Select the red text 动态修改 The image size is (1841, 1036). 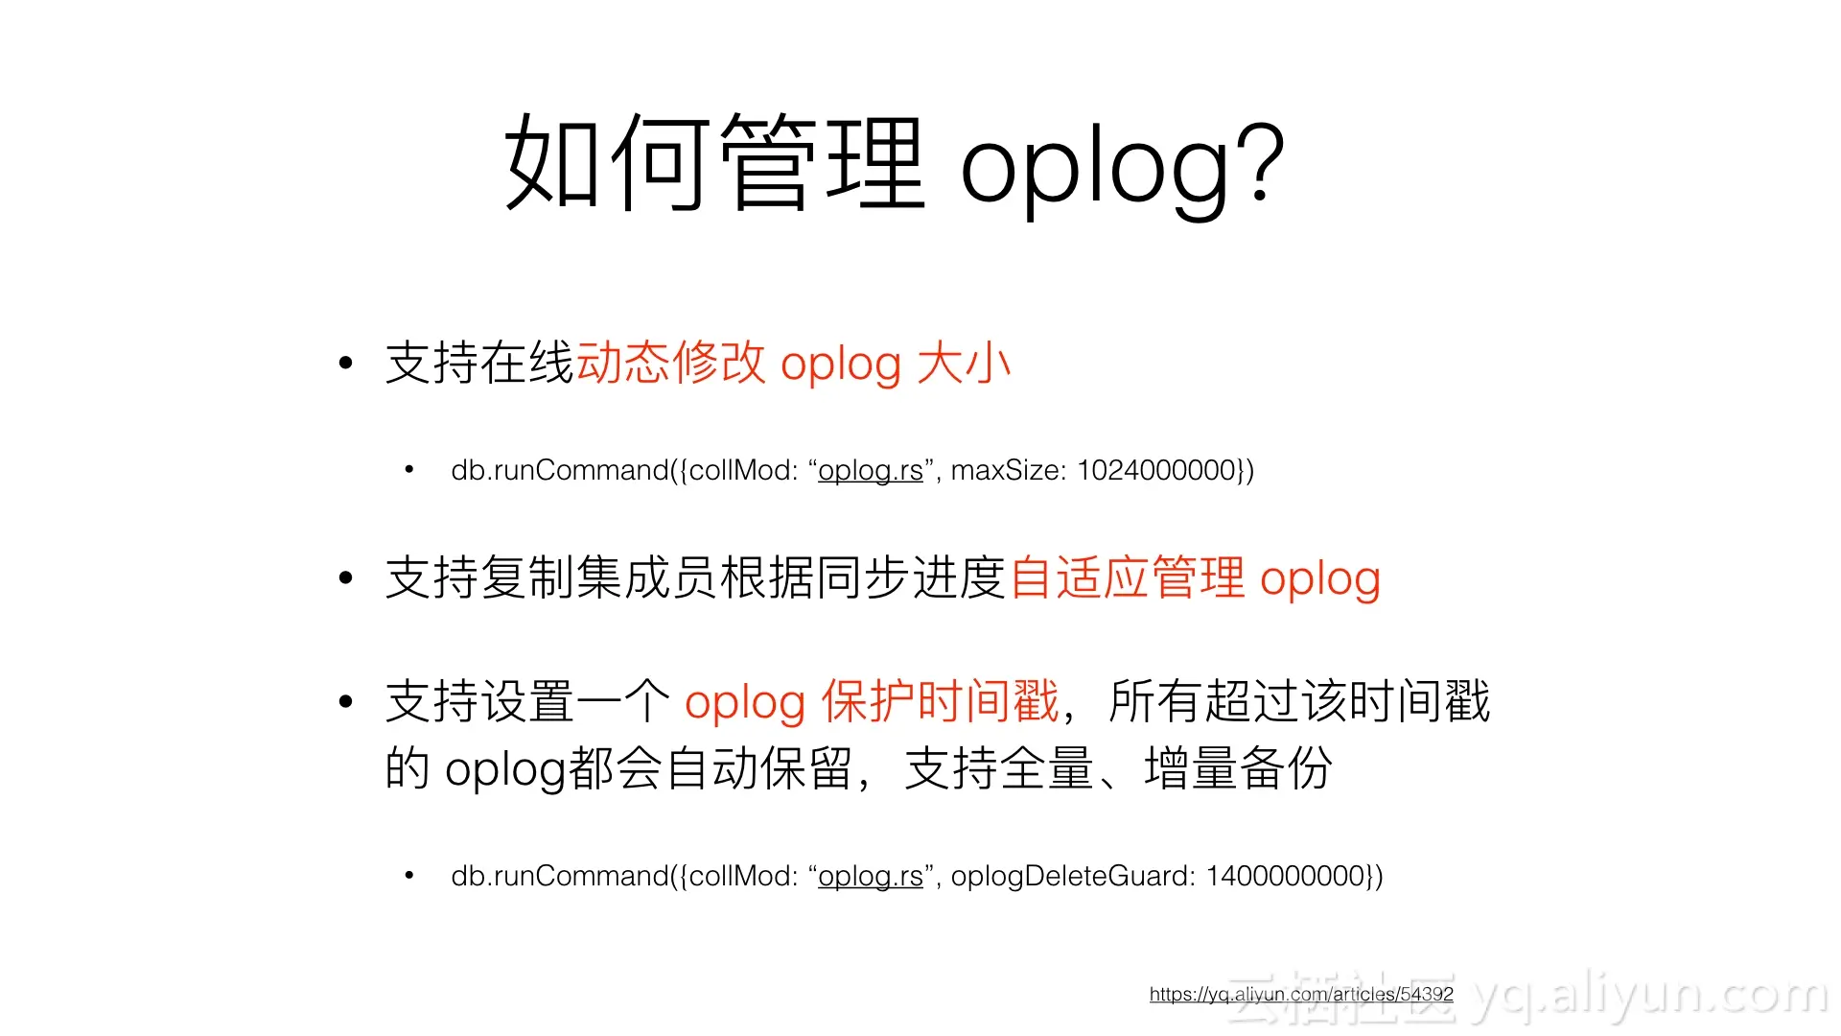[670, 364]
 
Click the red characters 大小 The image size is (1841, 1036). [964, 364]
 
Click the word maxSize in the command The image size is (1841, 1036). [1003, 470]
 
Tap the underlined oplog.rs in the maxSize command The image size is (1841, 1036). [870, 470]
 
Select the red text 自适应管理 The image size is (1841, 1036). [1128, 578]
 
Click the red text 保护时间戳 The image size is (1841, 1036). [940, 701]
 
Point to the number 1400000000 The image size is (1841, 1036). [1286, 876]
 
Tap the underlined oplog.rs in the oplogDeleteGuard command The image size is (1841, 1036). [870, 876]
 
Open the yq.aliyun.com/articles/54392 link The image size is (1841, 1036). [1301, 994]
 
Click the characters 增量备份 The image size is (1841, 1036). [1238, 768]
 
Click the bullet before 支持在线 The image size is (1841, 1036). [346, 364]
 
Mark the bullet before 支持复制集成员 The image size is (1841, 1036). [346, 578]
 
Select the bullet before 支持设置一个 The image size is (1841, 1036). [346, 701]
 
